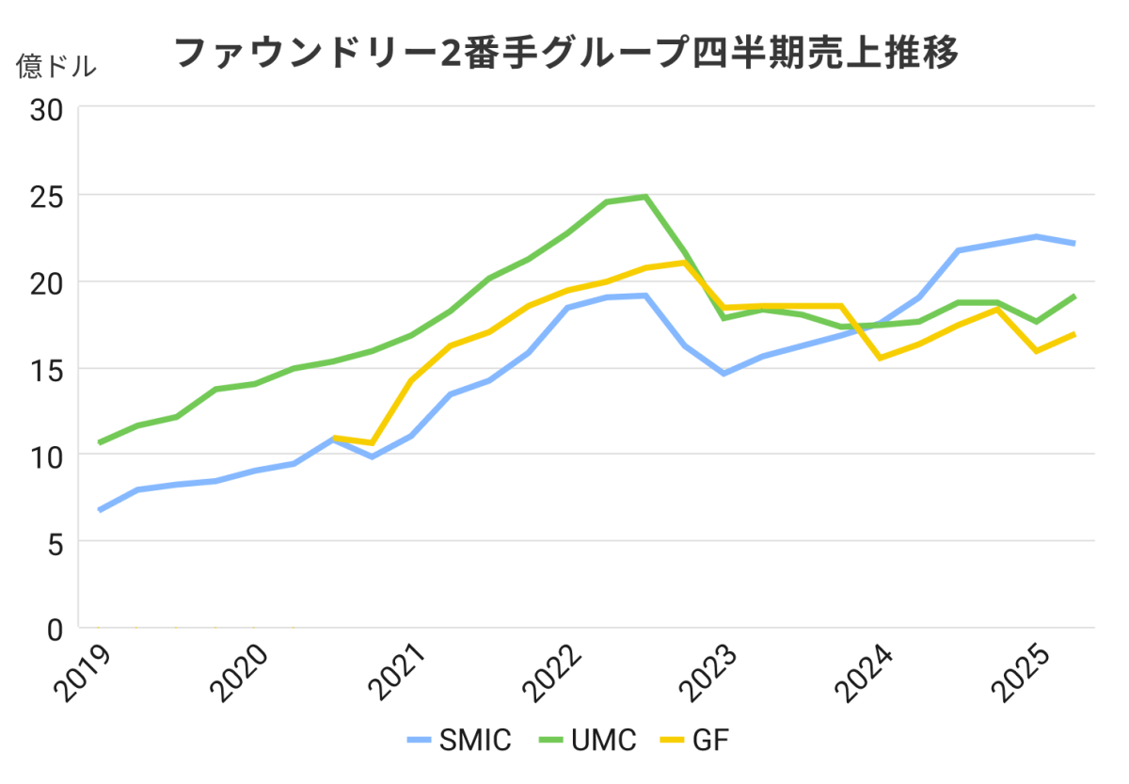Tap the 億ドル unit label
(56, 67)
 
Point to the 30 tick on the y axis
(46, 109)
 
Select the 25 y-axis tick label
(46, 196)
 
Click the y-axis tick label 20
(46, 282)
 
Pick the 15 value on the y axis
(46, 369)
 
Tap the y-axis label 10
(46, 456)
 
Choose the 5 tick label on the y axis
(55, 542)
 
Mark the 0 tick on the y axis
(55, 629)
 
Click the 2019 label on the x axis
(82, 673)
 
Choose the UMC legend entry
(587, 741)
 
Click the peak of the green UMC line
(645, 197)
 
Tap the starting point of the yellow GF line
(335, 438)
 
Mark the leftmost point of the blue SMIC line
(100, 510)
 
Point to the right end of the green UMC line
(1073, 296)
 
